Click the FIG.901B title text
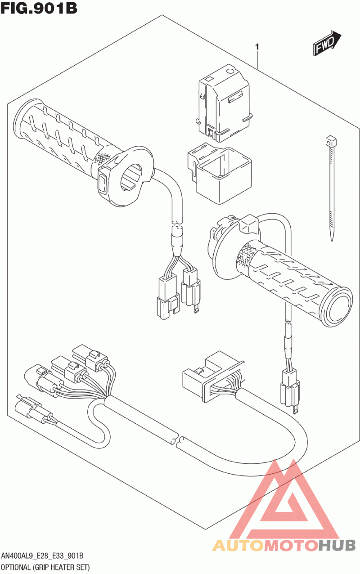click(x=39, y=9)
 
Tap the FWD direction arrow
click(x=325, y=43)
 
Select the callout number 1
click(x=257, y=47)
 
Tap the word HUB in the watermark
click(x=337, y=546)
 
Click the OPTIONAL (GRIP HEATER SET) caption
click(x=45, y=567)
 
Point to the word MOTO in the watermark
click(x=290, y=546)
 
